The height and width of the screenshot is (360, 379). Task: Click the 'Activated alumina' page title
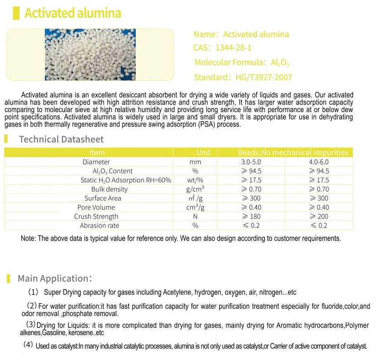tap(72, 13)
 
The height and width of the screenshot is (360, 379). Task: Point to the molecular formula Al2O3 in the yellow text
tap(280, 62)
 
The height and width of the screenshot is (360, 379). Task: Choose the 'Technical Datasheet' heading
tap(61, 139)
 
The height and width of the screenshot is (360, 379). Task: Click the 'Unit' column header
tap(203, 153)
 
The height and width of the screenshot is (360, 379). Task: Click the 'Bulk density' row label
tap(109, 189)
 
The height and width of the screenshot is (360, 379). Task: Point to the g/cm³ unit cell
tap(195, 189)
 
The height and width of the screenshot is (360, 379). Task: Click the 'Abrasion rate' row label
tap(99, 225)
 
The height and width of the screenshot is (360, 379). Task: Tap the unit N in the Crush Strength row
tap(195, 216)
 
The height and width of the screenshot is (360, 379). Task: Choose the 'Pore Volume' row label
tap(96, 207)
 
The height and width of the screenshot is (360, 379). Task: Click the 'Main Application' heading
tap(53, 278)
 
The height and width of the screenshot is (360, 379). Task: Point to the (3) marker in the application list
tap(31, 324)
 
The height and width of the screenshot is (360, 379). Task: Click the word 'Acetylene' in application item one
tap(177, 292)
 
